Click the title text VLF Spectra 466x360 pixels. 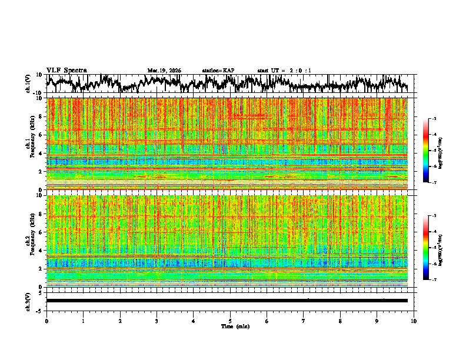pos(66,70)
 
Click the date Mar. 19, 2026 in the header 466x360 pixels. pos(164,71)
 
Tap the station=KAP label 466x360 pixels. pos(218,71)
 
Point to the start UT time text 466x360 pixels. pos(284,71)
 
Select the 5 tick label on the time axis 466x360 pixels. pos(230,321)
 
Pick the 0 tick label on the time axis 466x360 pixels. pos(46,321)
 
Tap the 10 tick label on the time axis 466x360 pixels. pos(414,321)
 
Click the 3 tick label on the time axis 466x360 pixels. pos(157,321)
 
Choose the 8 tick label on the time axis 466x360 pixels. pos(340,321)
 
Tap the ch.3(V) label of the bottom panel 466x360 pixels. pos(28,301)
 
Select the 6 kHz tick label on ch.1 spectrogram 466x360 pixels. pos(42,135)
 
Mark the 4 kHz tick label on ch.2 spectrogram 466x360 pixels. pos(42,251)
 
